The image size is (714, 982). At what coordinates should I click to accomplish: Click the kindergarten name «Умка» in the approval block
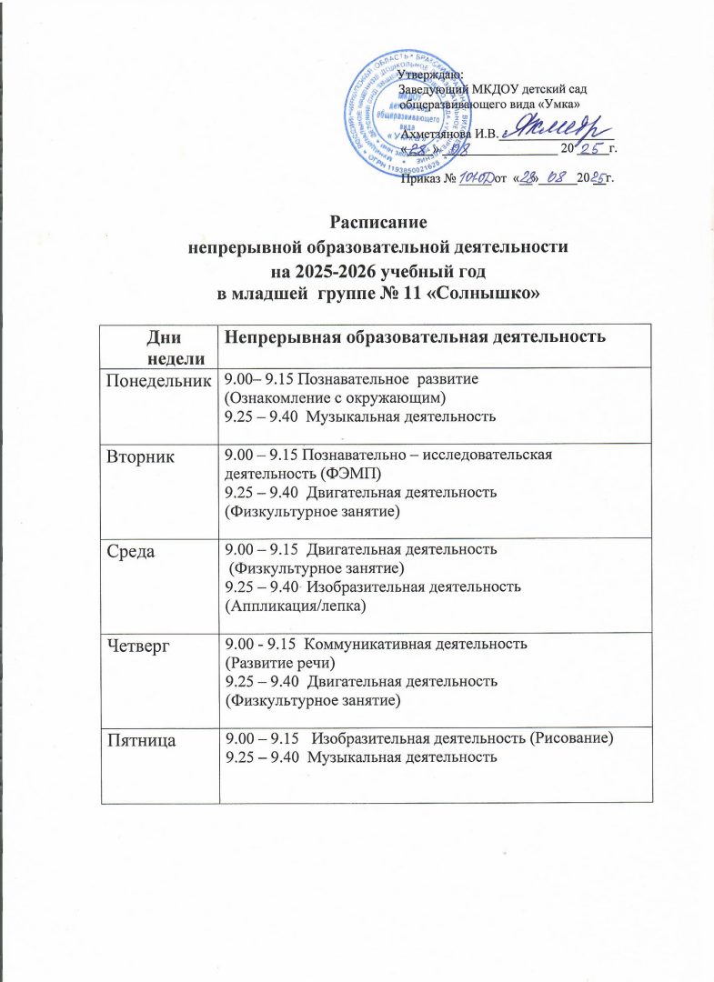[x=545, y=105]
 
